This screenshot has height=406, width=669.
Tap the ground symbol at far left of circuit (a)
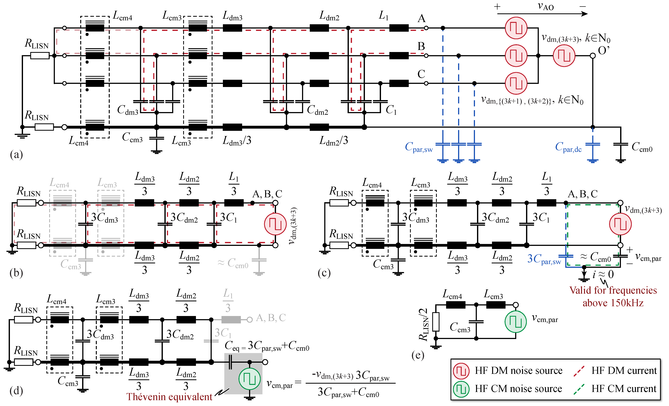tap(22, 135)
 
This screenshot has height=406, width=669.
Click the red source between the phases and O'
tap(564, 56)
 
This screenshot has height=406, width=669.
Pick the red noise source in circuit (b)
tap(275, 224)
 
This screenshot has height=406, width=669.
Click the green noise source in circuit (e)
tap(515, 322)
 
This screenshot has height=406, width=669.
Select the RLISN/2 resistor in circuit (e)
tap(436, 322)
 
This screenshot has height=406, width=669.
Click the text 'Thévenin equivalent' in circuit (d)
tap(169, 397)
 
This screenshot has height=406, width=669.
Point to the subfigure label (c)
tap(324, 273)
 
